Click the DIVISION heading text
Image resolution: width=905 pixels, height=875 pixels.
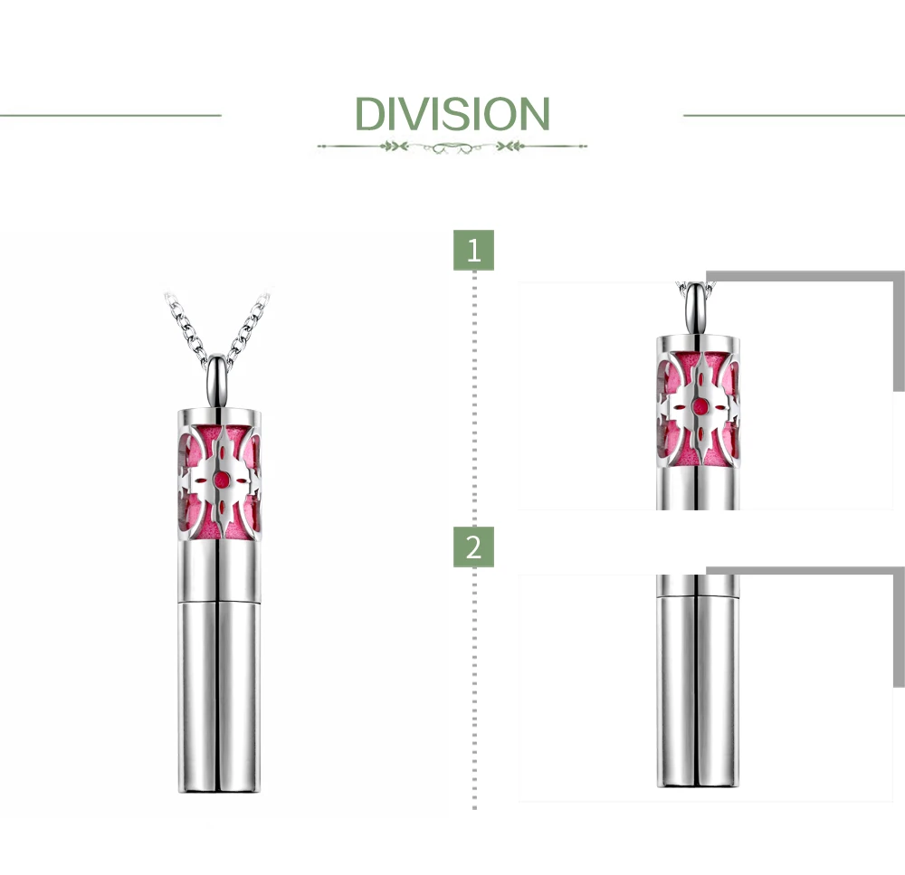[x=452, y=114]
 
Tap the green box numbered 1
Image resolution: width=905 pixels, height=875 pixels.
[x=473, y=250]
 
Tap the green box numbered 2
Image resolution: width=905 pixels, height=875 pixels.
[x=473, y=547]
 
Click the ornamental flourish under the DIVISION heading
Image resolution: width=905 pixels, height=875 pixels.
[x=452, y=147]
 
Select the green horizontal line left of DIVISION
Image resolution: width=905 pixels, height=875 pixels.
[x=110, y=116]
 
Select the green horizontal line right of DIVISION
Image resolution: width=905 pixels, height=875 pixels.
[x=795, y=116]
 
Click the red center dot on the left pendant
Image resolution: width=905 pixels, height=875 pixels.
[x=220, y=479]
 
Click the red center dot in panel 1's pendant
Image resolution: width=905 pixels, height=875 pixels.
[x=700, y=405]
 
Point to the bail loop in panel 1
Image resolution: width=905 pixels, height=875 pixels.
[x=697, y=309]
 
